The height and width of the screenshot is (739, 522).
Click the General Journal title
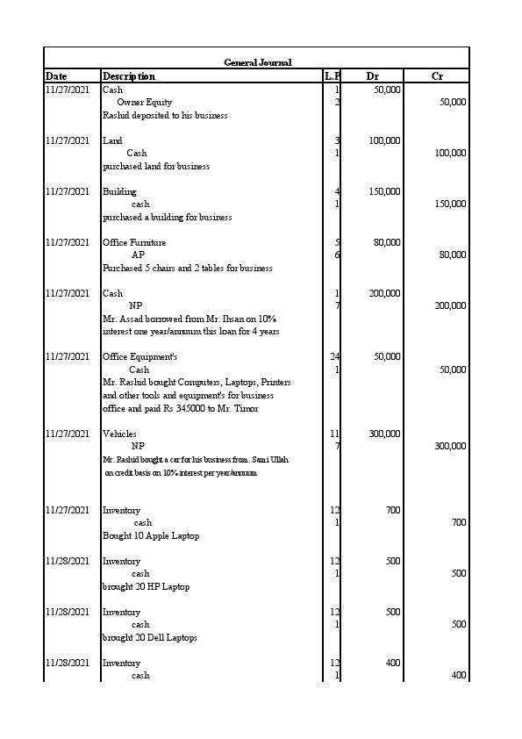pos(257,62)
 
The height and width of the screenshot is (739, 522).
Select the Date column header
pos(56,76)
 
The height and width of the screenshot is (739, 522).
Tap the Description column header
pos(129,76)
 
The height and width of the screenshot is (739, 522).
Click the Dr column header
pos(372,76)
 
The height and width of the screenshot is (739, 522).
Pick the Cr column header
pos(437,76)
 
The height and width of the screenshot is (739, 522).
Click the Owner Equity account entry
pos(145,103)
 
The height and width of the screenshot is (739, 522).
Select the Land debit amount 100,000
pos(384,140)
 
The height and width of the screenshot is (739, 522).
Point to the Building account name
pos(119,191)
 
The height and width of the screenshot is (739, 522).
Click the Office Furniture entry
pos(134,242)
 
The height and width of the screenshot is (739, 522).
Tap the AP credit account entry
pos(138,255)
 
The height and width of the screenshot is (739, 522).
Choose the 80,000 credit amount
pos(451,255)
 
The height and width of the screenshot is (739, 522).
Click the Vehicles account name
pos(119,434)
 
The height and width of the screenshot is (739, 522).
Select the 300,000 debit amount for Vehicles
pos(384,434)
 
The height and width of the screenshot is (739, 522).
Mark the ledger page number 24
pos(334,356)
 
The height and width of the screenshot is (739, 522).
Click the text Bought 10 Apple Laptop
pos(151,535)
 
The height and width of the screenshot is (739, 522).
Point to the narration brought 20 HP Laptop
pos(146,586)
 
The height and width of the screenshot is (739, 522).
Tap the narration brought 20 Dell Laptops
pos(150,637)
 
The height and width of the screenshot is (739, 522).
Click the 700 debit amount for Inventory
pos(393,510)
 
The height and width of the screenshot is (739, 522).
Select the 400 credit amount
pos(458,676)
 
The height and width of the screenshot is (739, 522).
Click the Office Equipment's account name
pos(140,357)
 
